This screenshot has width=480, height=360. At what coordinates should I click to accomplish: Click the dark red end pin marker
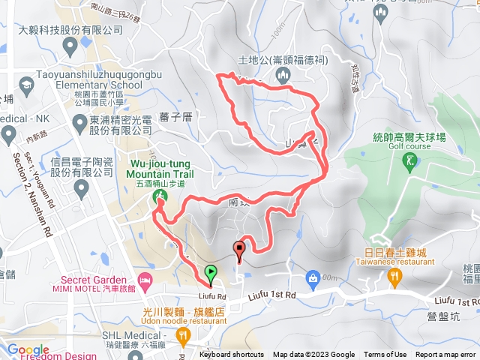coord(240,249)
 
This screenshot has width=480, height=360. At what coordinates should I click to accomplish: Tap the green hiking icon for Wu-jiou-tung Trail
coord(160,197)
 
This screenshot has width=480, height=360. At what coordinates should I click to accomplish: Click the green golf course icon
coord(409,160)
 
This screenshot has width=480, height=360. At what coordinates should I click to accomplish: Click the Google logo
coord(28,349)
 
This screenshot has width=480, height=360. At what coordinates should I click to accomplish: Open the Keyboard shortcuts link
coord(232,355)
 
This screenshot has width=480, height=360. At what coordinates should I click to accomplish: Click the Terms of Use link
coord(385,355)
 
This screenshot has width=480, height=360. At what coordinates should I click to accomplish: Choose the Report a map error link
coord(446,355)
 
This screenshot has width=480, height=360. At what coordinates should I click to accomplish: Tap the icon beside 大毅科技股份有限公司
coord(70,47)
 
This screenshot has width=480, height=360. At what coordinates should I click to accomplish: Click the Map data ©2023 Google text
coord(313,355)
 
